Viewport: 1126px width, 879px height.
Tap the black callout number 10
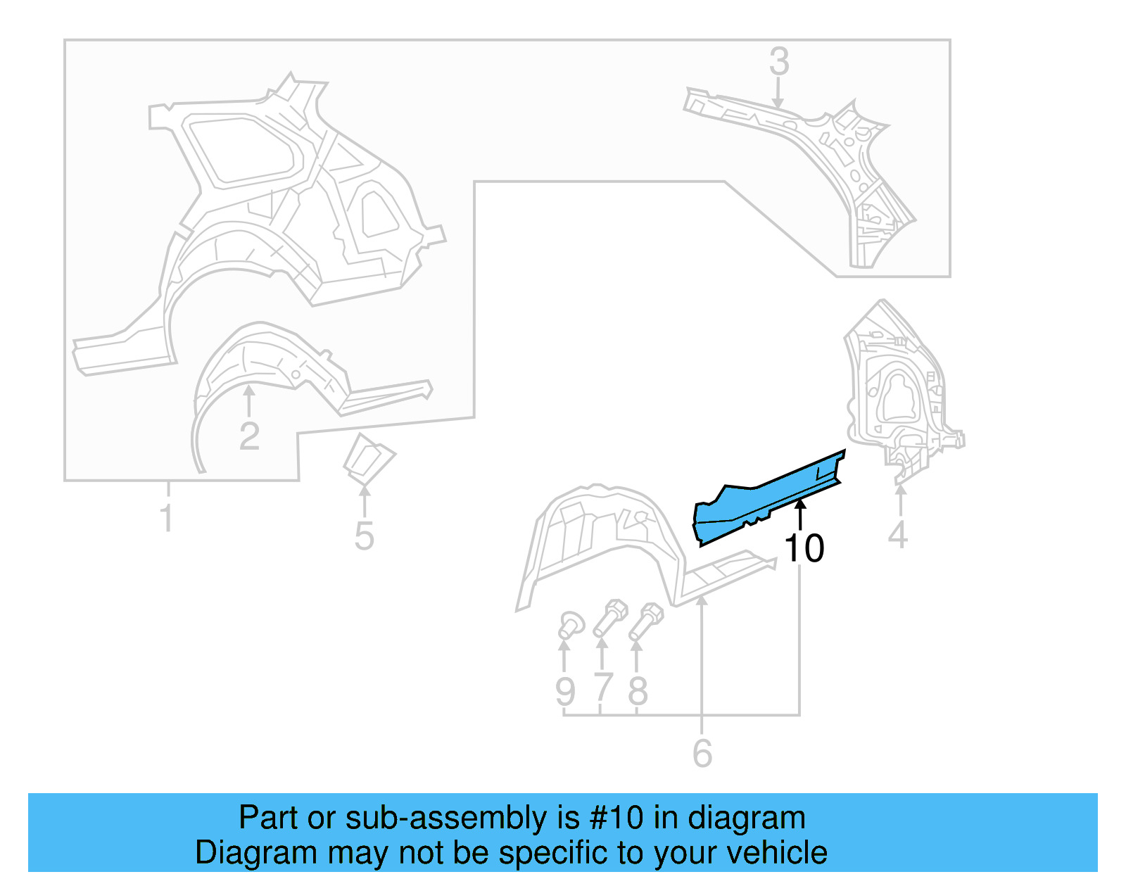click(x=803, y=548)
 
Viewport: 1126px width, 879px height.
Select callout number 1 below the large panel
click(x=166, y=518)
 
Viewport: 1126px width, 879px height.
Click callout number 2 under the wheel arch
click(x=249, y=436)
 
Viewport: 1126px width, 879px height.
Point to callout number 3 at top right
click(x=778, y=61)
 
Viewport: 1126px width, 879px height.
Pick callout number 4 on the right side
click(x=897, y=535)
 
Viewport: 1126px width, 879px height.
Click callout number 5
click(x=364, y=536)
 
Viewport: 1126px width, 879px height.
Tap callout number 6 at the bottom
click(x=702, y=754)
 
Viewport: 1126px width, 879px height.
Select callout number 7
click(x=602, y=689)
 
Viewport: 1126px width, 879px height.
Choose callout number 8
click(x=638, y=690)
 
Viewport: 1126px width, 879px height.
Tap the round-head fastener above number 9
click(x=570, y=624)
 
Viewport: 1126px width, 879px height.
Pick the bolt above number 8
click(x=646, y=620)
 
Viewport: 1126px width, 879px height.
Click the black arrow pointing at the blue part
click(x=799, y=512)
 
